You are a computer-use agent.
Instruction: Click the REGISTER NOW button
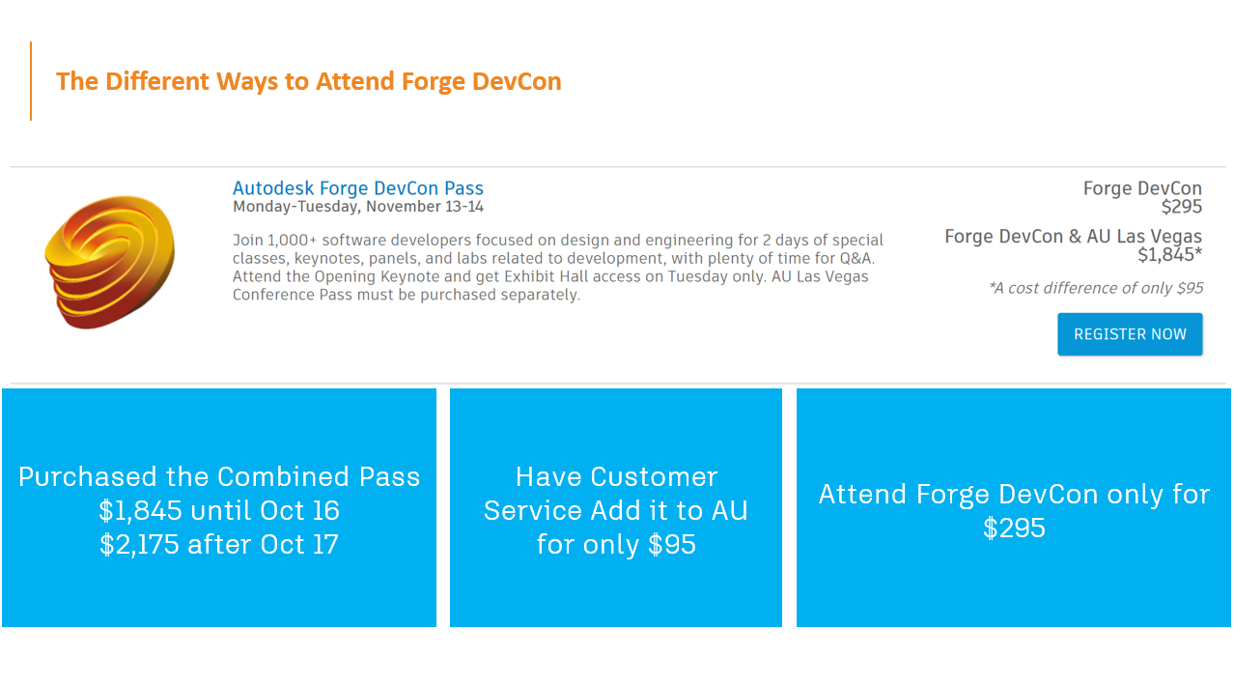pyautogui.click(x=1130, y=334)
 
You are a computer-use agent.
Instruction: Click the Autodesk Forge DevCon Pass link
pyautogui.click(x=358, y=188)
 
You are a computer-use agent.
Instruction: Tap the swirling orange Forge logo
pyautogui.click(x=110, y=262)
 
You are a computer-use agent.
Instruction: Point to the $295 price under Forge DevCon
pyautogui.click(x=1182, y=207)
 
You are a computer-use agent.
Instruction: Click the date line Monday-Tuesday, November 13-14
pyautogui.click(x=358, y=207)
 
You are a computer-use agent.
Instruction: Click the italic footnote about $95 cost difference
pyautogui.click(x=1096, y=288)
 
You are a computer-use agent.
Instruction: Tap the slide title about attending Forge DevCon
pyautogui.click(x=309, y=81)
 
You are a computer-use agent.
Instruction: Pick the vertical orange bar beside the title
pyautogui.click(x=31, y=81)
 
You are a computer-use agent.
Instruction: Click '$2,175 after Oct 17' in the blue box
pyautogui.click(x=219, y=544)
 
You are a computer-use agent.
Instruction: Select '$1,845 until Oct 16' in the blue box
pyautogui.click(x=219, y=510)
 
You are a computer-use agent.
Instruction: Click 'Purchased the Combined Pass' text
pyautogui.click(x=219, y=476)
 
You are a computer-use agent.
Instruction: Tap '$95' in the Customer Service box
pyautogui.click(x=672, y=544)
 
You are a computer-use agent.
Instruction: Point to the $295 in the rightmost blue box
pyautogui.click(x=1014, y=528)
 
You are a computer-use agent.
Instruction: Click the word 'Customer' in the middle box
pyautogui.click(x=654, y=476)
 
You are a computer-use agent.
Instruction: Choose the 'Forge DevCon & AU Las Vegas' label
pyautogui.click(x=1073, y=236)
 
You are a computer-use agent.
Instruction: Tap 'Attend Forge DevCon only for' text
pyautogui.click(x=1014, y=494)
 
